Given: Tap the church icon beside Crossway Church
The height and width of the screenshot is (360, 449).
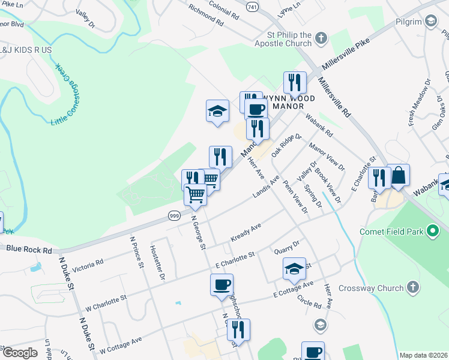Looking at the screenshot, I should pos(412,289).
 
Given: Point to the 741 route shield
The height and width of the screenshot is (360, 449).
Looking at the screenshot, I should pos(252,6).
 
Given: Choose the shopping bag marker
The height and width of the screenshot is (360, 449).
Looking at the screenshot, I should pos(398,175).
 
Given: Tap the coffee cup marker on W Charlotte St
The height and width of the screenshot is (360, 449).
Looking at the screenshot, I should pos(221,285).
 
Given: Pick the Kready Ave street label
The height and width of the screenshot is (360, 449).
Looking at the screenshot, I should pos(246,233).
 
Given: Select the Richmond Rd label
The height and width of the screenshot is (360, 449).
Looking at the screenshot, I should pos(205,15).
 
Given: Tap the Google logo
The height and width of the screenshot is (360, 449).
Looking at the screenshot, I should pos(20,353).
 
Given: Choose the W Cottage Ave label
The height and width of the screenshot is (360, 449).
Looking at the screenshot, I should pos(121,344).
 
